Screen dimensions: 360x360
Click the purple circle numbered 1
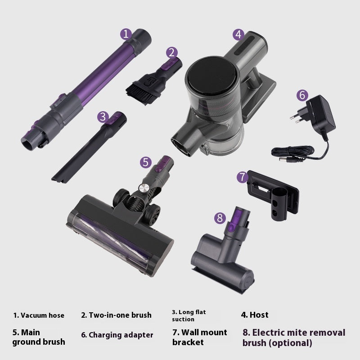(x=126, y=34)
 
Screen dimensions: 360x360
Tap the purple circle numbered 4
(x=238, y=34)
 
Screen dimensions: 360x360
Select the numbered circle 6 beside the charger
(x=302, y=95)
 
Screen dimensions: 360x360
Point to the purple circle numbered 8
(x=220, y=218)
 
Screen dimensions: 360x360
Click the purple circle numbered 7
(x=243, y=177)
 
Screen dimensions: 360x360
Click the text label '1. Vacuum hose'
(x=39, y=315)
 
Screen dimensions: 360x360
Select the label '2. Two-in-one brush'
(x=116, y=315)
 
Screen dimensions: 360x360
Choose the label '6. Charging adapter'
(x=117, y=335)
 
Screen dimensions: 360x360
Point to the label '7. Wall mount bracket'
(x=199, y=337)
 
